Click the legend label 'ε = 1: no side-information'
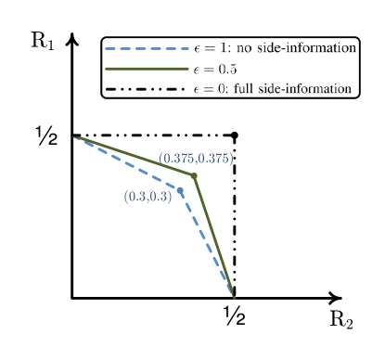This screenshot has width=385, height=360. click(x=275, y=47)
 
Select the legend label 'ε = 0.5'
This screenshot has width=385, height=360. click(x=215, y=69)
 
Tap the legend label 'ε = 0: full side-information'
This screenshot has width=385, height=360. click(x=272, y=89)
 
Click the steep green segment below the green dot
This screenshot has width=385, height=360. click(x=213, y=235)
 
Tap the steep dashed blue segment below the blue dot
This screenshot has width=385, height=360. click(x=206, y=239)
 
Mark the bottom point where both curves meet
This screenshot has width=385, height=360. click(x=235, y=298)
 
